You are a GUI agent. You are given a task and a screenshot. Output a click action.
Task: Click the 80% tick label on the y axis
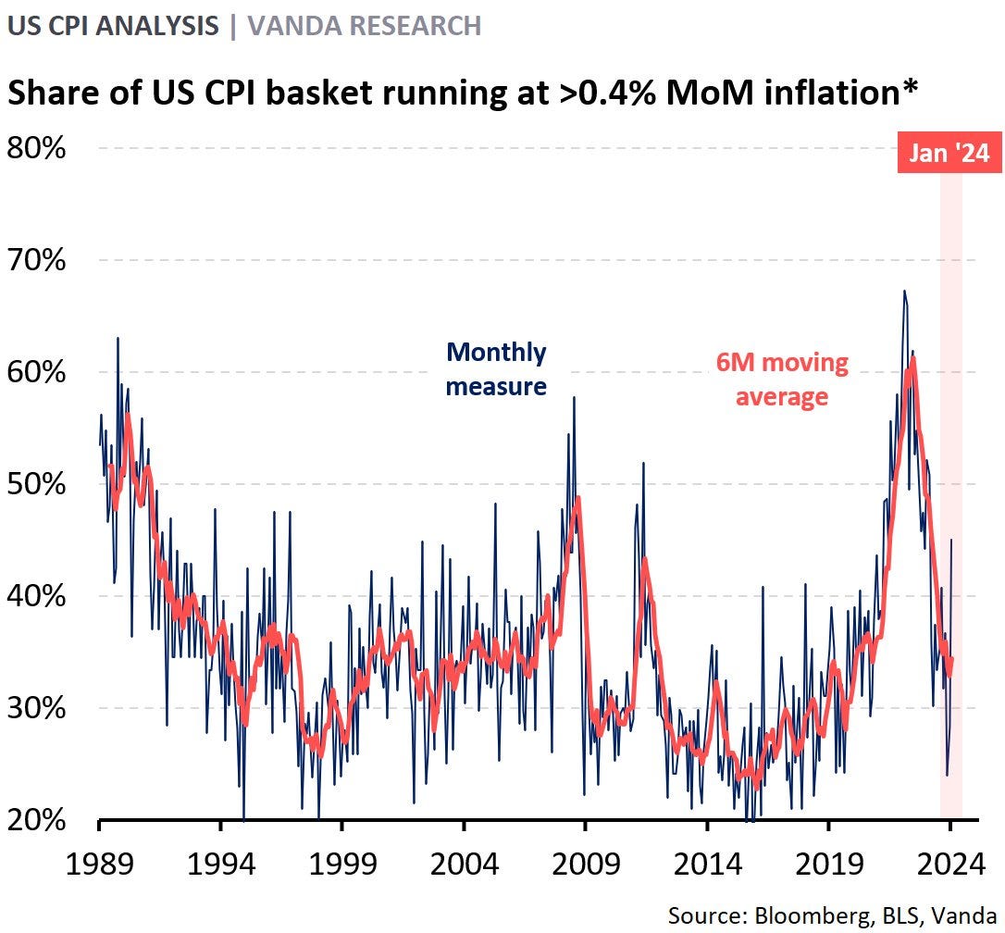click(x=37, y=148)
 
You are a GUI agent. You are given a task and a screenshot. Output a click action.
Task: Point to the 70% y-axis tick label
click(x=37, y=260)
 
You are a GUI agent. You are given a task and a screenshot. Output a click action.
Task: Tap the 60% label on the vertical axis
click(x=37, y=372)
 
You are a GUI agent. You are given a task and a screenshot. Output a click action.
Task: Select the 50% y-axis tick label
click(x=37, y=484)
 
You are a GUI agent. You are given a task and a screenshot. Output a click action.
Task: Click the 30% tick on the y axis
click(x=37, y=708)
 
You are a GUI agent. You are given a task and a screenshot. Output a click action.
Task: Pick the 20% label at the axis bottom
click(x=37, y=820)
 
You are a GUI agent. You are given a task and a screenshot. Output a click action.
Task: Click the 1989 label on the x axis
click(x=100, y=865)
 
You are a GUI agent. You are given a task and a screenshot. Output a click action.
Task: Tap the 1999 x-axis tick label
click(x=341, y=865)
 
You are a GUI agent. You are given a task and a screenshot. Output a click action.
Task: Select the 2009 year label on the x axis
click(x=585, y=865)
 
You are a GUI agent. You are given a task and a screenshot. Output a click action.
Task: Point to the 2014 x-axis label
click(x=706, y=865)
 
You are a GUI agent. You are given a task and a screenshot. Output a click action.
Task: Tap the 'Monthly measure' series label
click(x=496, y=369)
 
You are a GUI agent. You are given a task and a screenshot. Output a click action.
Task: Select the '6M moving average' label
click(x=782, y=379)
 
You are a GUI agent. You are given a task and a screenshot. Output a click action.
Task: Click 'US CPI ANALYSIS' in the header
click(x=112, y=25)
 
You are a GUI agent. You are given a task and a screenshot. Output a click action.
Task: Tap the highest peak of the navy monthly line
click(x=903, y=291)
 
